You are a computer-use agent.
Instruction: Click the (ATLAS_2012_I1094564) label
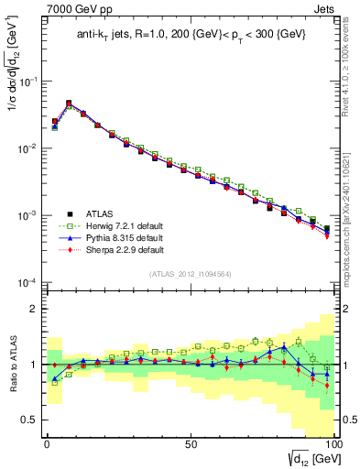pos(189,272)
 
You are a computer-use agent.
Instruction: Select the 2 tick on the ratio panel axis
pos(35,309)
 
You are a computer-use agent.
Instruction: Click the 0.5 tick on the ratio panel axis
pos(30,420)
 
